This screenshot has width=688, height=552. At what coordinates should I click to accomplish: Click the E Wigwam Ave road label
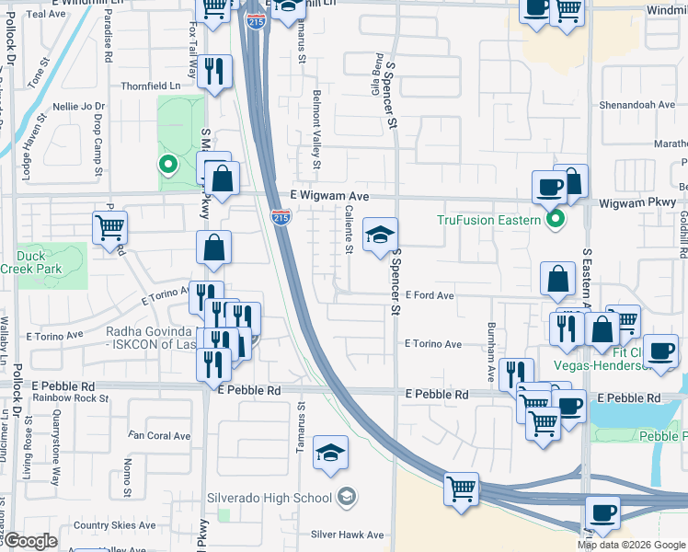[x=329, y=196]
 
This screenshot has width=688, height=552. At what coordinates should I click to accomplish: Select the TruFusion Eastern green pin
[x=555, y=220]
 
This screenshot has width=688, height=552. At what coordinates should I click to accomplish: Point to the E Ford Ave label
[x=430, y=296]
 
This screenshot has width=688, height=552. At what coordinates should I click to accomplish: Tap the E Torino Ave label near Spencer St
[x=433, y=344]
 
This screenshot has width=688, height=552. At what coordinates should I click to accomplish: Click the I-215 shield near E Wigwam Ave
[x=281, y=216]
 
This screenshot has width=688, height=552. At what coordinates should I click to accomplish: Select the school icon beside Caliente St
[x=380, y=236]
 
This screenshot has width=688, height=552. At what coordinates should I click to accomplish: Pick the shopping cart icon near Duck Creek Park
[x=109, y=227]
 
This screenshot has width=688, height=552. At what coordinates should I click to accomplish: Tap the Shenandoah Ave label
[x=637, y=105]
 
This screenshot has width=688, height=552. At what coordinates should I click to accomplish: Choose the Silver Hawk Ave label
[x=347, y=535]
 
